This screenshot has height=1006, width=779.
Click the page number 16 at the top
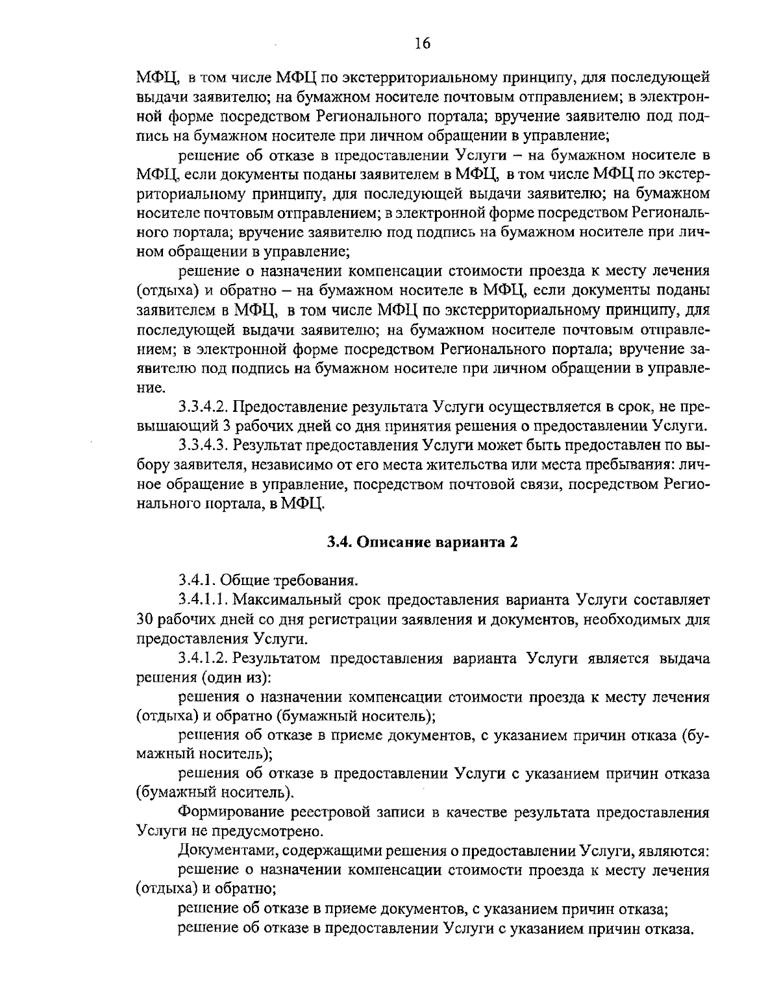tap(421, 43)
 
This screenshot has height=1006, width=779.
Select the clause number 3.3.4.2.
tap(203, 407)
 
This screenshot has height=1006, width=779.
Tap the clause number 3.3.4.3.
tap(203, 446)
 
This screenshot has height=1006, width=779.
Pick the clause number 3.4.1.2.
tap(203, 658)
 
